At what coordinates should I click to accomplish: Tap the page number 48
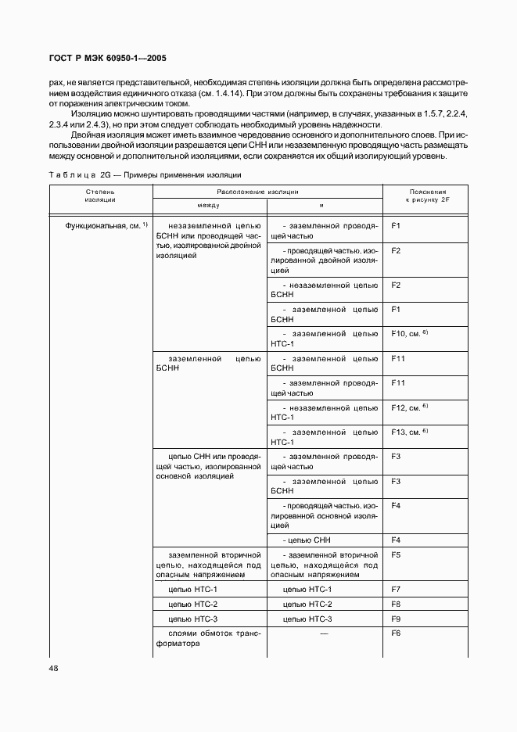(54, 668)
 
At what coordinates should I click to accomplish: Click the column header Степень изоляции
(99, 195)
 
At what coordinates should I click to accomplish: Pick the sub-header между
(209, 205)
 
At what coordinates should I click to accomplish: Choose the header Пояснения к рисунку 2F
(427, 196)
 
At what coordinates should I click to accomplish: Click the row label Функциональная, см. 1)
(107, 226)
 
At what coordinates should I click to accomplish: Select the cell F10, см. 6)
(409, 333)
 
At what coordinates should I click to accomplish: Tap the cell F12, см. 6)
(409, 407)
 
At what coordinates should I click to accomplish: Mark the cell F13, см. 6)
(409, 432)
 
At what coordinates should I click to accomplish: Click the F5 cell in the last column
(396, 554)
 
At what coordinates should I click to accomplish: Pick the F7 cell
(396, 589)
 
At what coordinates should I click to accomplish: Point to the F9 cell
(396, 619)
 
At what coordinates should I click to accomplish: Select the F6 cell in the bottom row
(396, 633)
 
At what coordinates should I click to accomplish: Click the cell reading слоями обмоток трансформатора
(209, 639)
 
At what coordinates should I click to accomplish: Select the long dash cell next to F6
(324, 633)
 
